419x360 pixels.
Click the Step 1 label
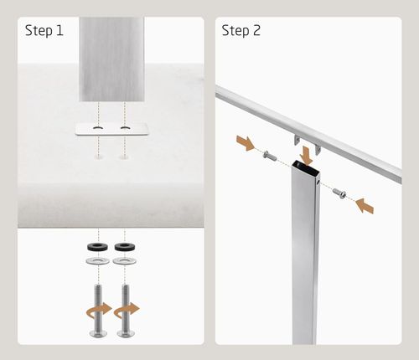44,31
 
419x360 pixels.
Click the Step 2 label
241,31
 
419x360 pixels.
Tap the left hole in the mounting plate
98,128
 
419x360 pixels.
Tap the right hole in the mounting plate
125,128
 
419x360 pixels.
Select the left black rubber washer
98,247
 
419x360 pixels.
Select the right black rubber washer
125,247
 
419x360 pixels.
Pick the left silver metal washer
98,261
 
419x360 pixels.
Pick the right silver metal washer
125,261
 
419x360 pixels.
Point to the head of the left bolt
98,333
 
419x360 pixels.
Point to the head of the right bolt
126,333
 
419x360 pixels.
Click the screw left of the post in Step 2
270,156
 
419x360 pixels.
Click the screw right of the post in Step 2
339,193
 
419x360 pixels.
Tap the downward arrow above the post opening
306,155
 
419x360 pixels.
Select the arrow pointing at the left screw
246,142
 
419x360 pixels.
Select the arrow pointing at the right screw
365,206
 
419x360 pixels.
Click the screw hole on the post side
318,183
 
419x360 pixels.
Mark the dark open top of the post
305,167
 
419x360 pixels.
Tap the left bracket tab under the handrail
297,140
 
